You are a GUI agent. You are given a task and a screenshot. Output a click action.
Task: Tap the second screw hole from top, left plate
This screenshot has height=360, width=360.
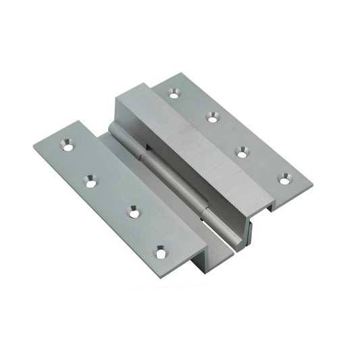click(91, 180)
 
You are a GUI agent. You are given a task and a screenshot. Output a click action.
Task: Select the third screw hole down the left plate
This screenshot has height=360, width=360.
click(134, 213)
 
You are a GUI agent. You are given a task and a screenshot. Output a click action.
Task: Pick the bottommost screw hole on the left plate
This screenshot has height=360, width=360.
click(160, 253)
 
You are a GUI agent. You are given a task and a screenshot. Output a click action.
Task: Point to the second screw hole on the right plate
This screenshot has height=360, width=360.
click(212, 118)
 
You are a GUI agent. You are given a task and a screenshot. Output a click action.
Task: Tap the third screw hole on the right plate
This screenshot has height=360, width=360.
click(242, 153)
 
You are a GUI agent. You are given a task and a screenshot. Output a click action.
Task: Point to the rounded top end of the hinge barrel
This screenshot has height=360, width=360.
click(113, 129)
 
